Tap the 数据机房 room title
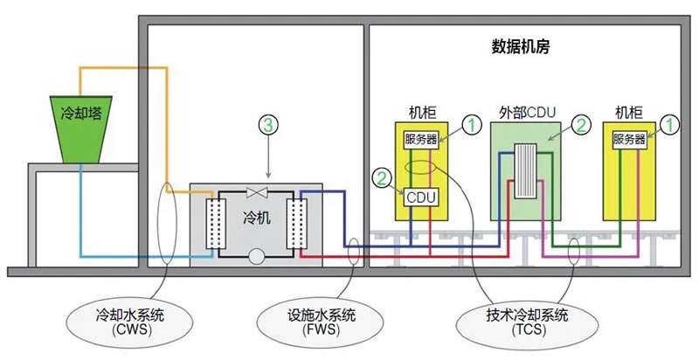tap(521, 47)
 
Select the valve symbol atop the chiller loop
tap(257, 192)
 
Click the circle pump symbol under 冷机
tap(257, 257)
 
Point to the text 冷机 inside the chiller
tap(257, 218)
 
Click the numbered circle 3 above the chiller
tap(268, 125)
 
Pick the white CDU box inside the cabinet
tap(421, 197)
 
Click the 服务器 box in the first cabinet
tap(421, 140)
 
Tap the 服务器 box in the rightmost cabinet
tap(629, 140)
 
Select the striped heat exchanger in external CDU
tap(526, 170)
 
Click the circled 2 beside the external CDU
tap(581, 126)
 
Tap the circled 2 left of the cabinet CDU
tap(382, 178)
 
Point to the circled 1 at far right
tap(669, 125)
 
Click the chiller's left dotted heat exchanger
tap(216, 223)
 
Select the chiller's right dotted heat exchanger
tap(296, 223)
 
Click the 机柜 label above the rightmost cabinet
tap(629, 113)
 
